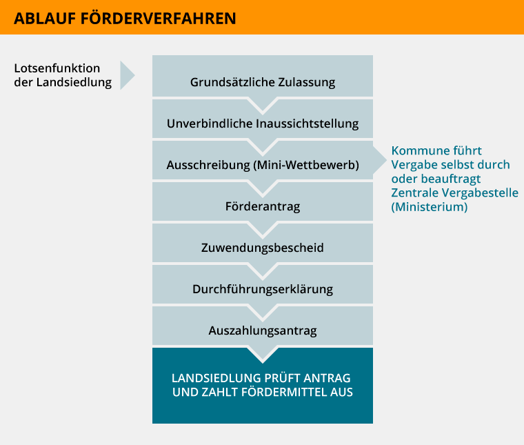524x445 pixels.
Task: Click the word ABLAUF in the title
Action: [45, 19]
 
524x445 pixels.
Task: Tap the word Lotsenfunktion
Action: [57, 68]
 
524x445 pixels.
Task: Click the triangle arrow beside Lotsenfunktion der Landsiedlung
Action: [128, 75]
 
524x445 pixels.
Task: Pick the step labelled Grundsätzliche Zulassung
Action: [263, 82]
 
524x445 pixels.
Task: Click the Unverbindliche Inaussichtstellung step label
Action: [263, 123]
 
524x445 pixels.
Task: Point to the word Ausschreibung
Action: [208, 165]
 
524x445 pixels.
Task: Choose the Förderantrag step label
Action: [263, 206]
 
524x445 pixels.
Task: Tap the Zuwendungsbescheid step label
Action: [263, 248]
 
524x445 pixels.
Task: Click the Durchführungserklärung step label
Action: [263, 289]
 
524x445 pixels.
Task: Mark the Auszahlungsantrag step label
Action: [263, 330]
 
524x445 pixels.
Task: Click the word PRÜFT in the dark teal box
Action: [282, 378]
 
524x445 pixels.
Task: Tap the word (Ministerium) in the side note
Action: [430, 207]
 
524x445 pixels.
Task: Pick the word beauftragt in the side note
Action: [450, 179]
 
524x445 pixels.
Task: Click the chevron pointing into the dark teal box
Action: [263, 355]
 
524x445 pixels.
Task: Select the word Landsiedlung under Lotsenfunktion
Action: [74, 82]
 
